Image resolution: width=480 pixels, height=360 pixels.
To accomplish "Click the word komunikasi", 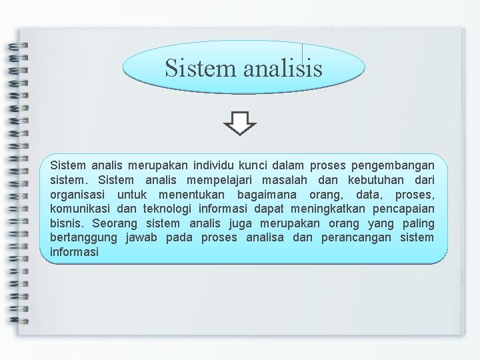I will click(x=75, y=209).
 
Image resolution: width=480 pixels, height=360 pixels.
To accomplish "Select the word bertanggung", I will click(x=83, y=238).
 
